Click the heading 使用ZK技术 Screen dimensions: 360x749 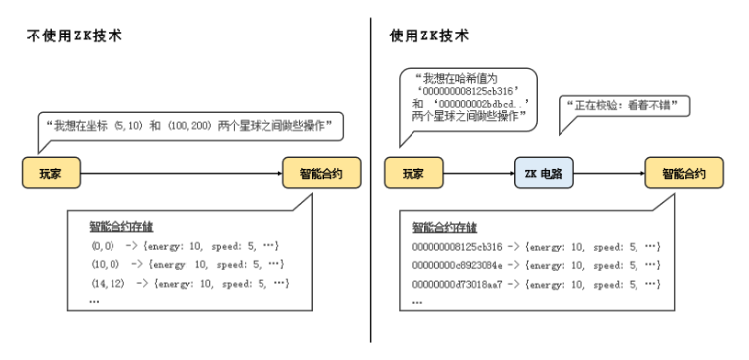(428, 36)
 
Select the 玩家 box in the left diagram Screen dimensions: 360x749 (51, 174)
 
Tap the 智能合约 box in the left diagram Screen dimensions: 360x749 (320, 174)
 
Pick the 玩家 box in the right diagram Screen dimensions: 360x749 (412, 174)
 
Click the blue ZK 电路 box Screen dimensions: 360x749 (543, 174)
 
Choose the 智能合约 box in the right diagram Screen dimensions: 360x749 (683, 174)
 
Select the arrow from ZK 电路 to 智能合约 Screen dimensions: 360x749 (610, 174)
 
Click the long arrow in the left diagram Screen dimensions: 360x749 (182, 174)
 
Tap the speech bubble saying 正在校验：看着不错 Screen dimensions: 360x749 (625, 107)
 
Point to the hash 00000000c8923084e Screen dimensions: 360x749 (458, 265)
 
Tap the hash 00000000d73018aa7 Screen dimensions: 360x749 (458, 284)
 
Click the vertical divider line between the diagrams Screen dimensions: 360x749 (372, 178)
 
